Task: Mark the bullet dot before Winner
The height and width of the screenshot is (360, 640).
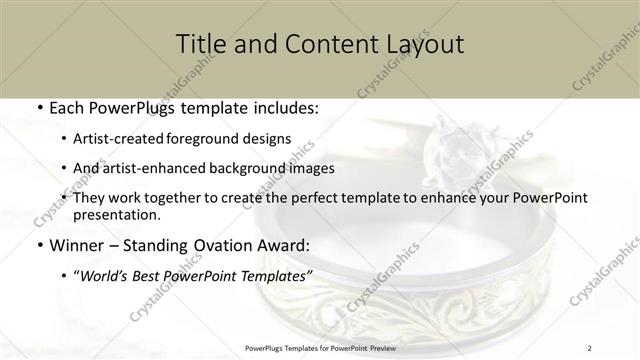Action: pos(39,245)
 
